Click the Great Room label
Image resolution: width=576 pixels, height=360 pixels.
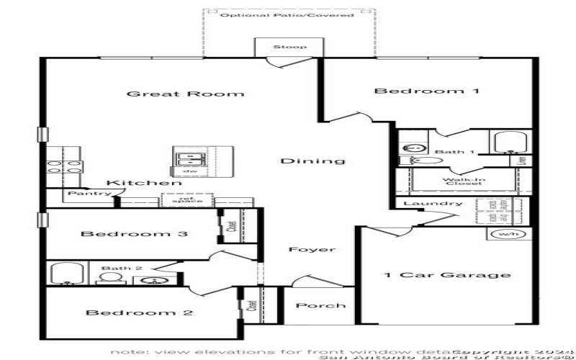185,94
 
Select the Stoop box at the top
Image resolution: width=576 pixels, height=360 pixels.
289,48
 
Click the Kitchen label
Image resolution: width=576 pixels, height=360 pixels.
144,183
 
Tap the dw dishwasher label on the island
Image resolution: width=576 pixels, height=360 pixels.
190,171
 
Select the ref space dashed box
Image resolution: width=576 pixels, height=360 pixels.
187,199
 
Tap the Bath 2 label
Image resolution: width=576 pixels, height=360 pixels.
116,269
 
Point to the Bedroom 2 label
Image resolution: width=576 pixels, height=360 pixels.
140,312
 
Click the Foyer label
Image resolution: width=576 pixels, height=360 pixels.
312,250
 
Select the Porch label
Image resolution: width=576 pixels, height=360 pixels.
320,305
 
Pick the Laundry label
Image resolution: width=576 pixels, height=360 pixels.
432,204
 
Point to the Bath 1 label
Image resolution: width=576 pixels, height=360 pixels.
454,152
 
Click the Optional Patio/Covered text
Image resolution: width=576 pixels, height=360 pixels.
287,15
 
